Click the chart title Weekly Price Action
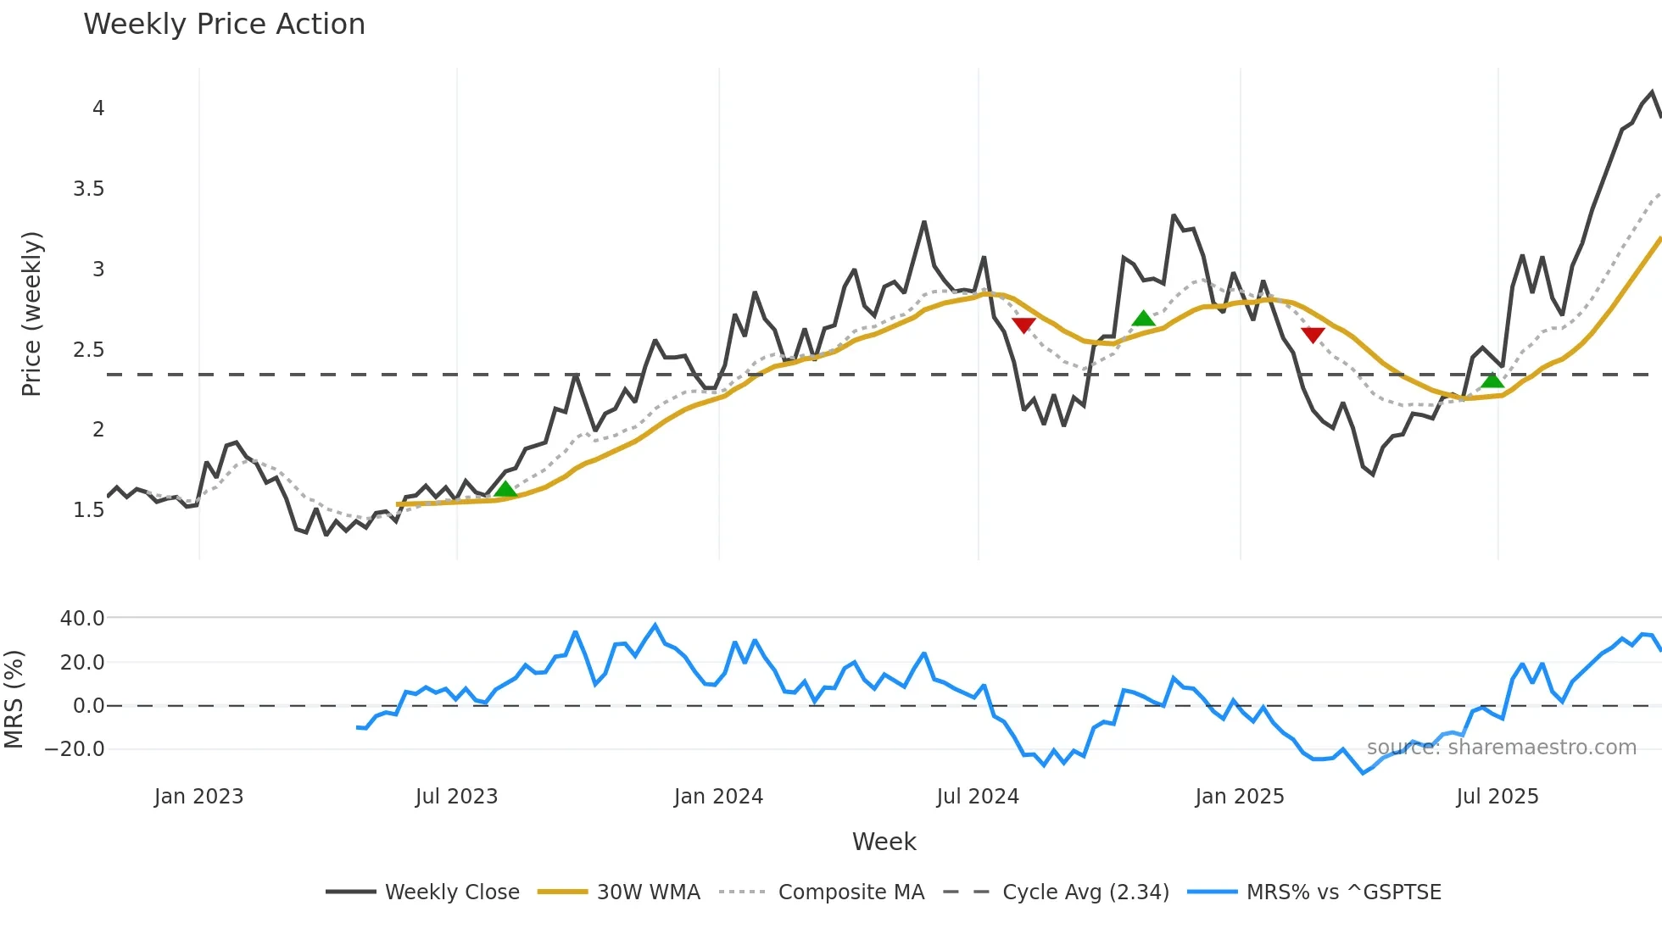click(x=224, y=25)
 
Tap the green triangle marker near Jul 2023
click(x=505, y=489)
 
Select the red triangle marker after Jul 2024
click(x=1023, y=325)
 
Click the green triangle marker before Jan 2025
click(x=1143, y=319)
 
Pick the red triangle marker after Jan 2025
click(x=1313, y=335)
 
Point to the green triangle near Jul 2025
click(x=1492, y=380)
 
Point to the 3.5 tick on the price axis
click(x=89, y=189)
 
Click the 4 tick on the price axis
click(x=98, y=108)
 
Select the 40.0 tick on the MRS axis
click(x=82, y=619)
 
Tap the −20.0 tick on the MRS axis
click(x=75, y=749)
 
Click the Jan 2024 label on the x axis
click(x=718, y=797)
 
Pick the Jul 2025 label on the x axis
click(x=1497, y=797)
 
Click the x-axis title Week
click(x=884, y=842)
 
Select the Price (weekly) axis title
click(x=31, y=314)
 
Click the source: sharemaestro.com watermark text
click(x=1501, y=748)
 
